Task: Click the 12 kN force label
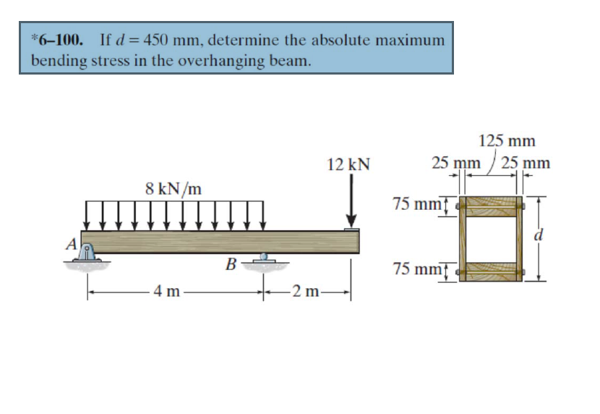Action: pos(348,165)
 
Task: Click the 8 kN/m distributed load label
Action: pos(173,189)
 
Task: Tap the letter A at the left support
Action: pos(72,244)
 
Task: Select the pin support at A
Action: pos(87,254)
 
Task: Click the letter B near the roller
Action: pos(231,263)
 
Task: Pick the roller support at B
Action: pos(264,258)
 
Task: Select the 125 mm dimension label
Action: pos(507,141)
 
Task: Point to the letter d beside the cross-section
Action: pos(537,236)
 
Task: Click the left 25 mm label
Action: pos(455,163)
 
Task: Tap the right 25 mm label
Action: pos(526,163)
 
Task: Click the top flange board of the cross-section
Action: pos(491,206)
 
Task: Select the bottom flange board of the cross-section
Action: pos(491,272)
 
